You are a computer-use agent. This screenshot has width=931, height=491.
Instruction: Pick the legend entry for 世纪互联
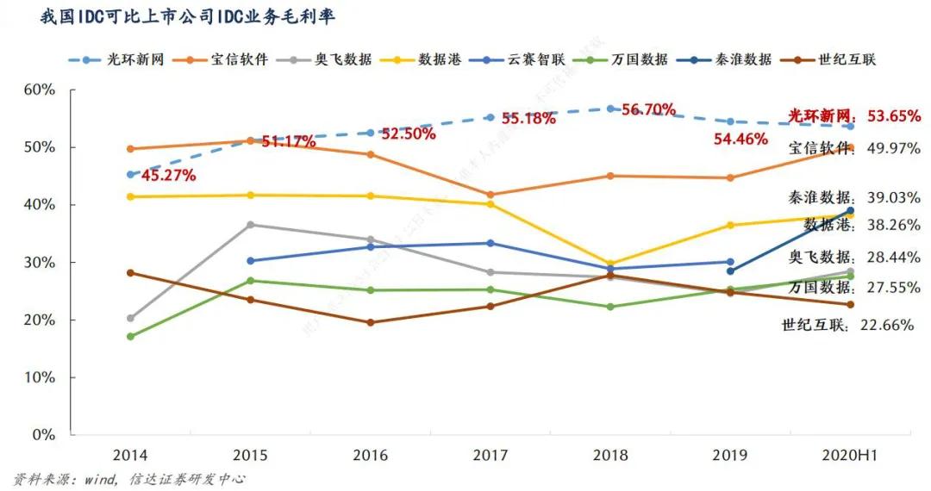click(848, 59)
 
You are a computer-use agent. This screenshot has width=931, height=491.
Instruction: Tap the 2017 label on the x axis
click(490, 455)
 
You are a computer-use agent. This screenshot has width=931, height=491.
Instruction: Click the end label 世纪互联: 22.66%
click(847, 325)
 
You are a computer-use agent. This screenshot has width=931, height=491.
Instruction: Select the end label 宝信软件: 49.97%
click(854, 149)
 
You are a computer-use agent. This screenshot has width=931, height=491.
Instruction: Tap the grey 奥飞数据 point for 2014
click(131, 318)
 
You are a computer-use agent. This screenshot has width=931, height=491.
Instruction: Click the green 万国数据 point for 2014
click(131, 336)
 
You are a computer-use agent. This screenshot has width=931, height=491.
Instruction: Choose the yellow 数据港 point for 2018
click(610, 264)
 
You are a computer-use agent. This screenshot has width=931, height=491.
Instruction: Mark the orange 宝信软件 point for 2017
click(490, 195)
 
